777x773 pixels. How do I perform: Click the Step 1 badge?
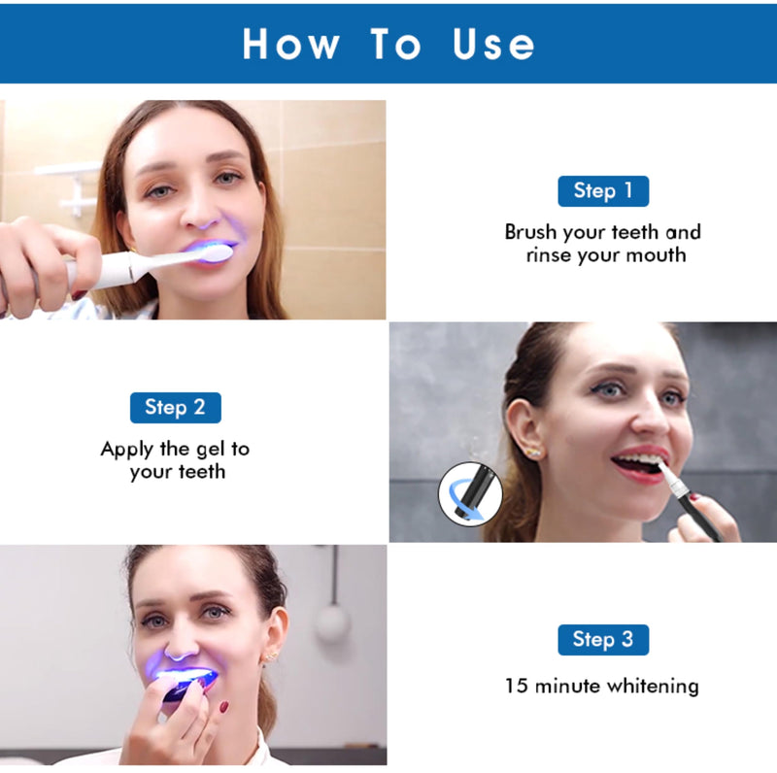(x=602, y=191)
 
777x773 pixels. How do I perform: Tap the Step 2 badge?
(x=175, y=408)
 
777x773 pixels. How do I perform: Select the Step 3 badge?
(x=602, y=639)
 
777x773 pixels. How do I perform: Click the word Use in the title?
(x=493, y=44)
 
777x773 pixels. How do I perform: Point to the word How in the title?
(x=291, y=44)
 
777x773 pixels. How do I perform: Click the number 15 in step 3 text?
(x=517, y=686)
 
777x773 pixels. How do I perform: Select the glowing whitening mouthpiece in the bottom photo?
(x=189, y=680)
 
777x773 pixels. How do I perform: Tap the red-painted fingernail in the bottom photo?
(x=223, y=707)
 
